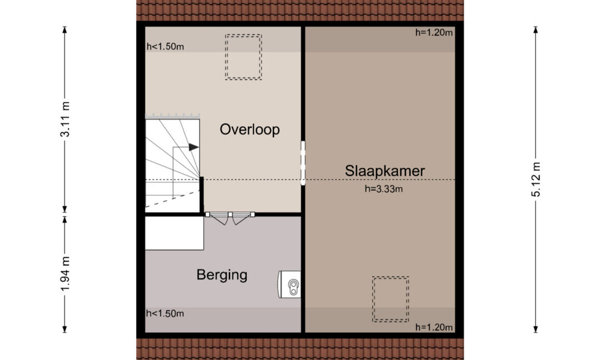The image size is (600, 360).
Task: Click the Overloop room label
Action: pos(249,129)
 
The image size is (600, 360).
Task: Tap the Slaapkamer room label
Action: pos(384,171)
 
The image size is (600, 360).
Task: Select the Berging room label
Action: pos(222,275)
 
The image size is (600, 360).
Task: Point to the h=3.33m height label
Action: pos(383,189)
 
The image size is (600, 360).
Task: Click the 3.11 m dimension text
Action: pos(65,119)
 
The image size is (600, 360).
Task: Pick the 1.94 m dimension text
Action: pos(65,274)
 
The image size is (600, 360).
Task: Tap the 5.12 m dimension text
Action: pos(536,179)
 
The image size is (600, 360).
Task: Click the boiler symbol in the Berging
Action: pos(289,284)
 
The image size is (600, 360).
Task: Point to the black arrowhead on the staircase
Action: pos(194,147)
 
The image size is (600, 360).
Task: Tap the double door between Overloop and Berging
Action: pos(230,217)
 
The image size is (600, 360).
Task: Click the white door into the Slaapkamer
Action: pos(303,163)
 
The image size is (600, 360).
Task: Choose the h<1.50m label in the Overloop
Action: pos(166,47)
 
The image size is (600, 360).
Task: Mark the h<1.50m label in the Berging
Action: pos(165,314)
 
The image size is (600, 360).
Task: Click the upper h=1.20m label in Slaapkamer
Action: pos(434,33)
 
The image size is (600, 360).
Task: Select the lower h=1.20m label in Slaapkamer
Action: pos(434,327)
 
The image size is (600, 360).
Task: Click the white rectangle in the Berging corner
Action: pos(174,233)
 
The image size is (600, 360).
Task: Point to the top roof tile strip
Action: pos(300,11)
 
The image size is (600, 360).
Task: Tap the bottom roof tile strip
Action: pos(300,349)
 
